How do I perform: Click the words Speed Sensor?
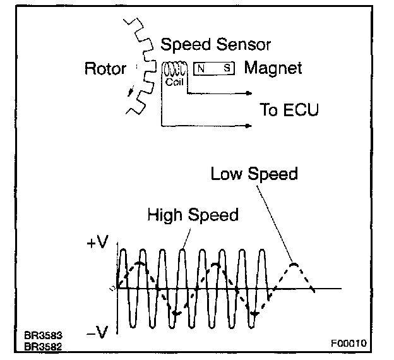(x=215, y=45)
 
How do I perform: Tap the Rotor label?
(x=105, y=69)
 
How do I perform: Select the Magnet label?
(x=273, y=68)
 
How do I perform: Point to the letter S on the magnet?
(x=225, y=68)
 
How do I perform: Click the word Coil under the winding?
(x=173, y=81)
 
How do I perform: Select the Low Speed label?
(x=254, y=173)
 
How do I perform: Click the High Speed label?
(x=193, y=215)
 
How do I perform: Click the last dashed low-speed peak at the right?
(x=293, y=263)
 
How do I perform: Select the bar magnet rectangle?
(x=213, y=68)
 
